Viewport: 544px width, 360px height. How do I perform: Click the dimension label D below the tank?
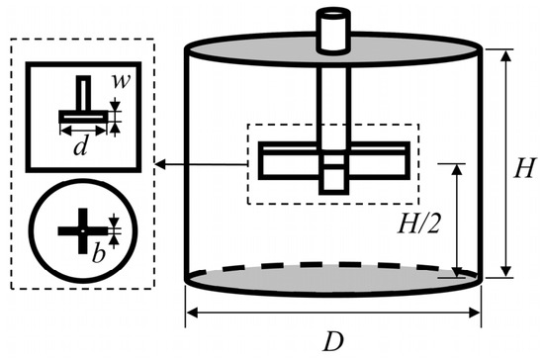(333, 341)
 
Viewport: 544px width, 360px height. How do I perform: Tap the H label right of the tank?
(524, 168)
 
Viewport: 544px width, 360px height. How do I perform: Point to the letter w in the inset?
(121, 81)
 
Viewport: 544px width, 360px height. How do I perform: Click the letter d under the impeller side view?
(80, 145)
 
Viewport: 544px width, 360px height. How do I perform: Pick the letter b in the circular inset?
(99, 253)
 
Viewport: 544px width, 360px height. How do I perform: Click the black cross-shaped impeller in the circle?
(82, 231)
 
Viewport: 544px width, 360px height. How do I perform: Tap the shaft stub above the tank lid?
(333, 31)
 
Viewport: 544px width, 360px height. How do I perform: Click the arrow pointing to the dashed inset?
(201, 164)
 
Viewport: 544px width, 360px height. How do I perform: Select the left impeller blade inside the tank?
(290, 160)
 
